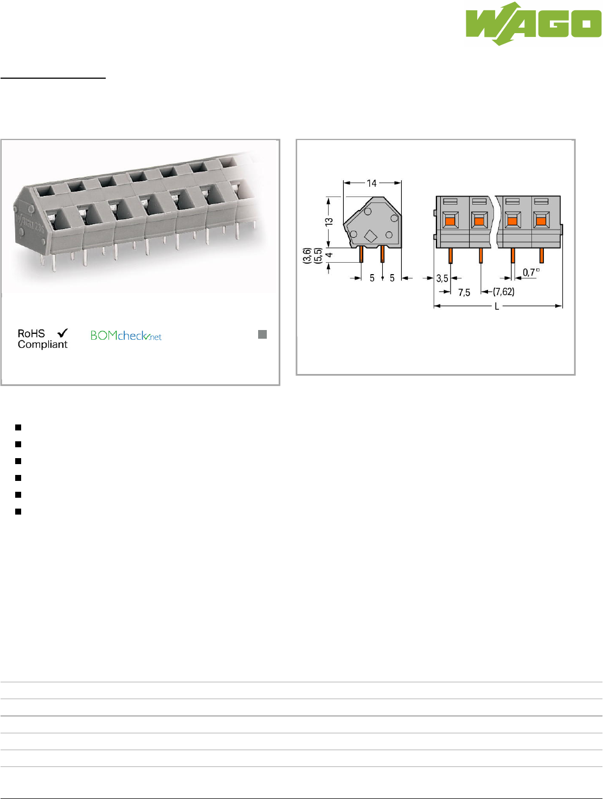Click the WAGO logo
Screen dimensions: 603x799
[534, 24]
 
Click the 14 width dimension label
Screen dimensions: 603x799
[371, 183]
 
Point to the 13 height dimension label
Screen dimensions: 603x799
[329, 221]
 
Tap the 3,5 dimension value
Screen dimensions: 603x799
[442, 278]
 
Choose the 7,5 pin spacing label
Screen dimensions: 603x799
[464, 293]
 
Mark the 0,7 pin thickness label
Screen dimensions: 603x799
[530, 272]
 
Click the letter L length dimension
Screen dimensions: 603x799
[497, 307]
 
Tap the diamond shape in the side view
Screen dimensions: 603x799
[370, 236]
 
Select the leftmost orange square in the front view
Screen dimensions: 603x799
[450, 221]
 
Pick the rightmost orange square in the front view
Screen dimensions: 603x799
[541, 221]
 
